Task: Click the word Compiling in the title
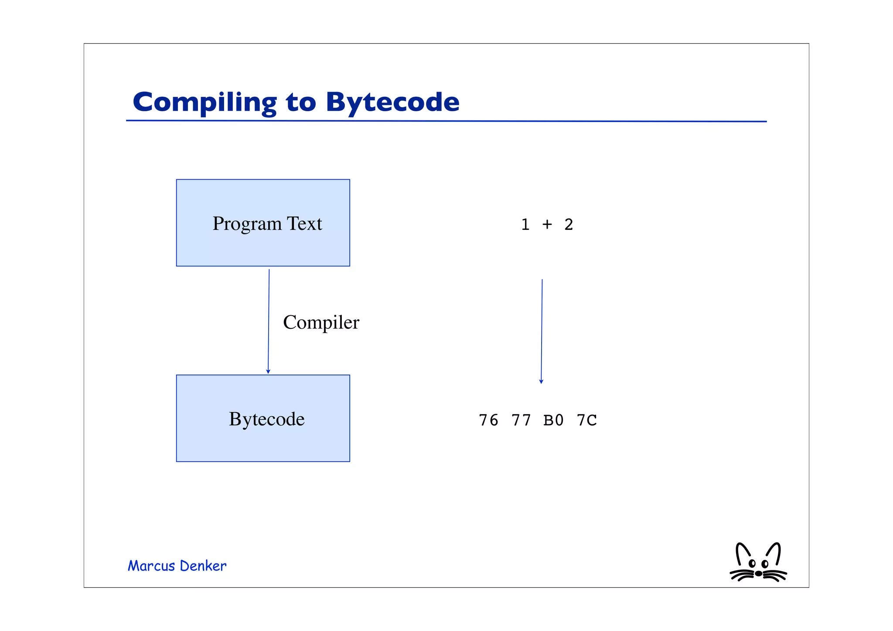click(205, 102)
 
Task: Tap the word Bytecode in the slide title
click(392, 102)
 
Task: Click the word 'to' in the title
click(301, 102)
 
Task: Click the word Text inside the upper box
click(304, 224)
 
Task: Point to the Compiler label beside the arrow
click(321, 323)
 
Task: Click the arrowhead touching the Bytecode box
click(268, 372)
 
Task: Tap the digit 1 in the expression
click(525, 225)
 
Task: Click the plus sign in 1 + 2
click(547, 225)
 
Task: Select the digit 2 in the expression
click(569, 225)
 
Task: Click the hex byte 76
click(488, 420)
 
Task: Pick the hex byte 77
click(521, 420)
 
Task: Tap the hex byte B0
click(554, 420)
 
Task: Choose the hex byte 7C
click(586, 420)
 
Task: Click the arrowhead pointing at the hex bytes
click(541, 382)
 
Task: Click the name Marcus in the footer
click(151, 566)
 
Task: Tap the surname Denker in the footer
click(203, 566)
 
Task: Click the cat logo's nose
click(758, 573)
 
